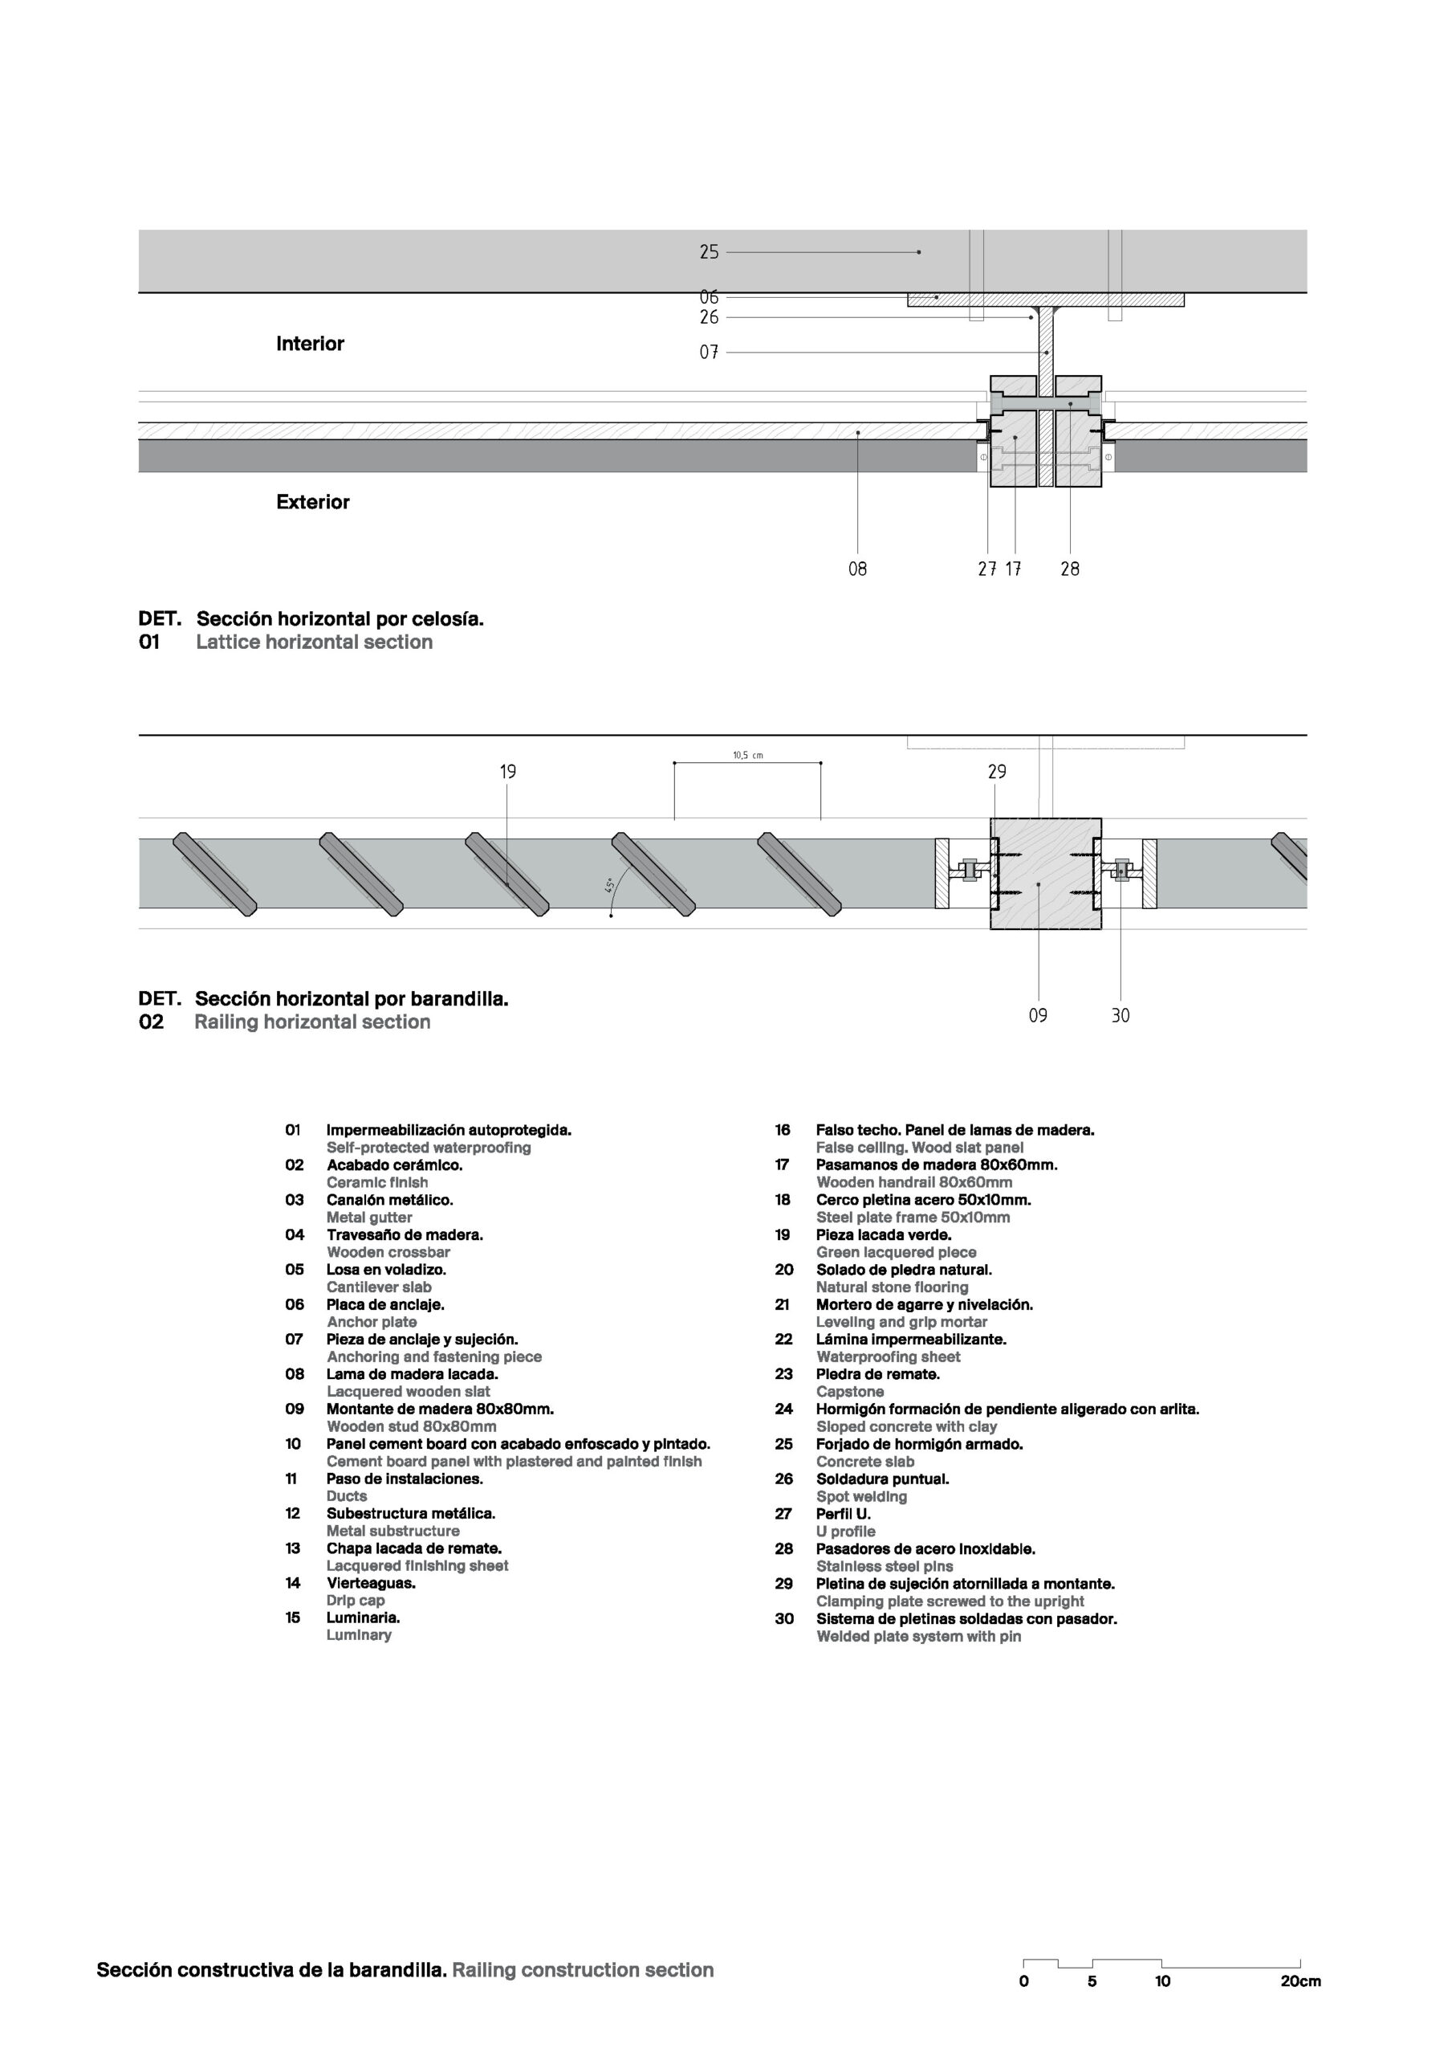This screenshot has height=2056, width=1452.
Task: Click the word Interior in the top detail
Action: point(310,344)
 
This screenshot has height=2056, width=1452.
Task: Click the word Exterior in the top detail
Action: point(312,503)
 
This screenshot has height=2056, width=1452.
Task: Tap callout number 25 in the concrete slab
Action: point(709,252)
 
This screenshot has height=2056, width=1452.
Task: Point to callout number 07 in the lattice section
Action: point(709,353)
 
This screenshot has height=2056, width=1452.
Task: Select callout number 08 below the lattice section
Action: point(857,569)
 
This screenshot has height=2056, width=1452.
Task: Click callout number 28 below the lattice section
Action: point(1070,569)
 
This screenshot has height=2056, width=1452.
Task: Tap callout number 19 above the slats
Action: point(507,772)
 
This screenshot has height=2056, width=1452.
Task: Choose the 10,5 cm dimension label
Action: point(747,756)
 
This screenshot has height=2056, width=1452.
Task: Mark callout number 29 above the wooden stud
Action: point(997,772)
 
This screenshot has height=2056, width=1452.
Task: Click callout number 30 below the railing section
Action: point(1121,1015)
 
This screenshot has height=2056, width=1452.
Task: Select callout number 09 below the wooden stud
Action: point(1038,1015)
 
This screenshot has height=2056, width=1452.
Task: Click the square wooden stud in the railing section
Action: point(1046,874)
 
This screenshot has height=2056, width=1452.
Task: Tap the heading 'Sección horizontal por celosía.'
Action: point(340,618)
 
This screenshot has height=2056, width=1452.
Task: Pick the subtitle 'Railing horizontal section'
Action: point(312,1022)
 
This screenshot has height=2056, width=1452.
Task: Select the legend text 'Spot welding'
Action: point(861,1496)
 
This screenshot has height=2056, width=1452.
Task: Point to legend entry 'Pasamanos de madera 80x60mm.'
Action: point(937,1165)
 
